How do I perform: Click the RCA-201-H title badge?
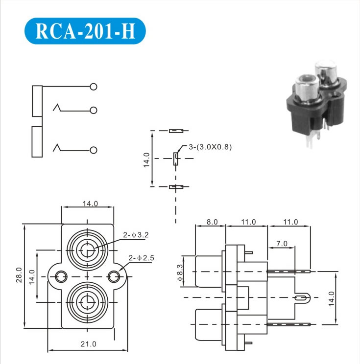point(85,31)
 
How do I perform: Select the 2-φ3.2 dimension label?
point(136,235)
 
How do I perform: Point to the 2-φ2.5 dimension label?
point(142,257)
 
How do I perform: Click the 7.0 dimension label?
point(282,243)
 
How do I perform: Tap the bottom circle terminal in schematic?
point(94,149)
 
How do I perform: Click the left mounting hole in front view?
point(60,277)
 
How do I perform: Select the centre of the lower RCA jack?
point(87,302)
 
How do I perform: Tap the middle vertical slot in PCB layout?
point(175,159)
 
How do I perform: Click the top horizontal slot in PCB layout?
point(175,131)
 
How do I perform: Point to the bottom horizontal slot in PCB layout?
point(175,187)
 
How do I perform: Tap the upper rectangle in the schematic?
point(37,101)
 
